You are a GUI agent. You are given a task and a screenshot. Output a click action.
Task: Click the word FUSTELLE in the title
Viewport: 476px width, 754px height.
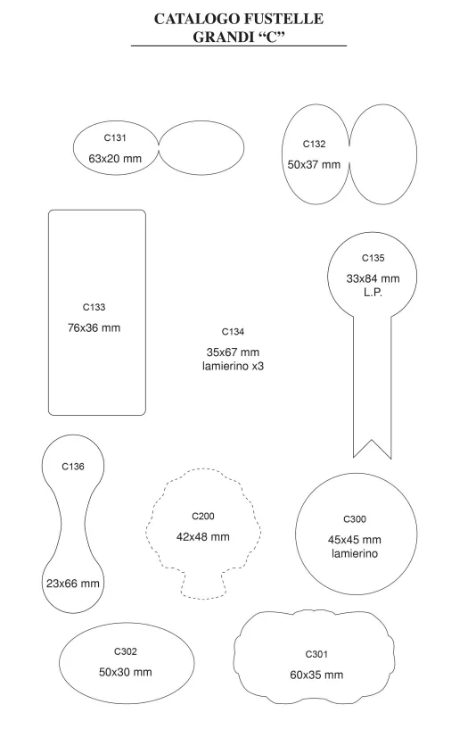click(x=283, y=19)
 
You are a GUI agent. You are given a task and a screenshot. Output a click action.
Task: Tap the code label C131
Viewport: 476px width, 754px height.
click(x=115, y=138)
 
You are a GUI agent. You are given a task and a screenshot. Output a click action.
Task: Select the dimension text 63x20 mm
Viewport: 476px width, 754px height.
click(x=115, y=158)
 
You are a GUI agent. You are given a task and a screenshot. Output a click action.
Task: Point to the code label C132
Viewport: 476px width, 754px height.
click(x=314, y=144)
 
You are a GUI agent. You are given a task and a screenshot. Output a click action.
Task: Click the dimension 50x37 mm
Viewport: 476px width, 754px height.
click(x=314, y=164)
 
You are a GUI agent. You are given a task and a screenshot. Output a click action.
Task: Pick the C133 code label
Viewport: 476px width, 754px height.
click(x=94, y=307)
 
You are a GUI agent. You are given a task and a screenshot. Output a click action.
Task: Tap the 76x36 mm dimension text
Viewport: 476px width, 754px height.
click(x=94, y=328)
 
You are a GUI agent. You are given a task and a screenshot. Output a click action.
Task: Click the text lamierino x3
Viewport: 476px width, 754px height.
click(x=233, y=366)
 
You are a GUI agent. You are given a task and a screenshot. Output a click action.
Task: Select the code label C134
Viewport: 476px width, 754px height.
click(x=233, y=332)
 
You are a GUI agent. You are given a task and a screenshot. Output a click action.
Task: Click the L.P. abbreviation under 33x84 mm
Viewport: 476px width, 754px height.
click(x=373, y=292)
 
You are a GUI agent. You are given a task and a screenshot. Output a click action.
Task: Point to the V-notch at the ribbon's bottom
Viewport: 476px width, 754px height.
click(x=372, y=440)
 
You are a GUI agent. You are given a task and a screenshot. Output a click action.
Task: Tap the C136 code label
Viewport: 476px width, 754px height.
click(x=73, y=467)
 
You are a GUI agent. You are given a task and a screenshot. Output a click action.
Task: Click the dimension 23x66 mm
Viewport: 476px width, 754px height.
click(x=73, y=584)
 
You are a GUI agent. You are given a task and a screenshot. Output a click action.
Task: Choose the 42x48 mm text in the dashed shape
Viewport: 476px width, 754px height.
click(x=202, y=536)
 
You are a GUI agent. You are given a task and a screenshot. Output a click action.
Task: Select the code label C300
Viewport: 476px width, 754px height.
click(x=355, y=519)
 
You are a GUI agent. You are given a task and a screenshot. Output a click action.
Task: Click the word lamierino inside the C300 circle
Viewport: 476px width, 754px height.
click(x=355, y=553)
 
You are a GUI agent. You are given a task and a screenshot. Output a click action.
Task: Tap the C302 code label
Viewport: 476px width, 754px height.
click(x=126, y=651)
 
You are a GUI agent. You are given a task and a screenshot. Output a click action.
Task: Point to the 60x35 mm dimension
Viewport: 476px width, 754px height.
click(x=316, y=675)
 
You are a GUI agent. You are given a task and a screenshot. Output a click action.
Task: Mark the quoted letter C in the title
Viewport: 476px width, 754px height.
click(x=272, y=37)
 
